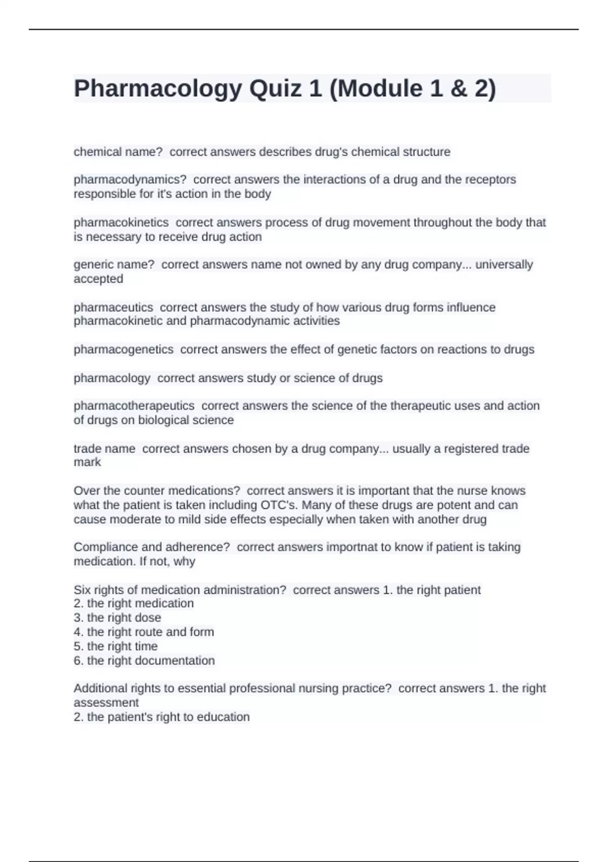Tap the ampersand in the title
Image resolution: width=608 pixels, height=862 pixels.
point(457,89)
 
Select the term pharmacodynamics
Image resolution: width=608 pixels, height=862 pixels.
point(130,179)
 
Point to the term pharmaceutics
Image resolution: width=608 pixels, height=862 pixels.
point(113,307)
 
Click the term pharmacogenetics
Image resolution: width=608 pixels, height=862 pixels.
point(123,349)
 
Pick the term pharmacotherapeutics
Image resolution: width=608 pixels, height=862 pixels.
point(134,406)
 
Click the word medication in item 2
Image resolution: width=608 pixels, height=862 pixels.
point(164,603)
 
